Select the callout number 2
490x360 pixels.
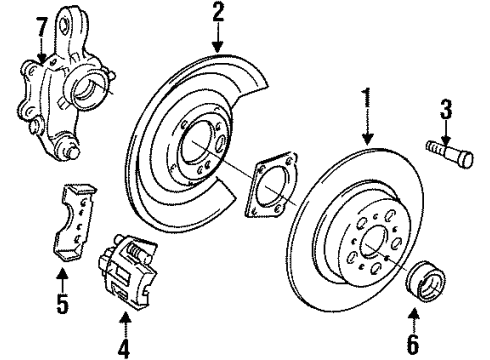pyautogui.click(x=219, y=14)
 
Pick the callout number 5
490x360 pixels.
pyautogui.click(x=61, y=300)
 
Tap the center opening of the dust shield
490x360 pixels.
pyautogui.click(x=198, y=147)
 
